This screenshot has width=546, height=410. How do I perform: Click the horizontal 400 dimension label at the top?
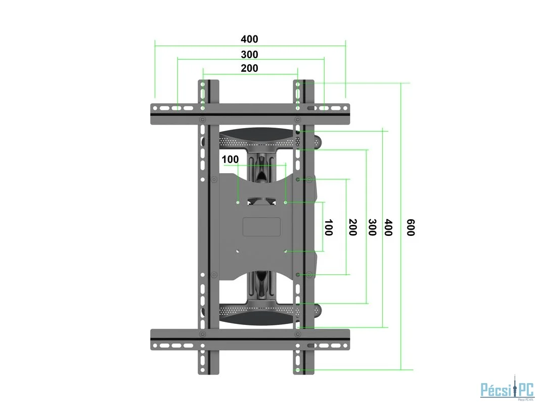click(249, 39)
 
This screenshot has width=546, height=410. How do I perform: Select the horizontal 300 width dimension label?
click(249, 54)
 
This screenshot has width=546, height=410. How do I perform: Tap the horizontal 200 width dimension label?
click(249, 68)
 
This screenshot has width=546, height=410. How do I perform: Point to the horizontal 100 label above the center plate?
click(230, 159)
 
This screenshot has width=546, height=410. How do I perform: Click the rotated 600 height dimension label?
click(411, 227)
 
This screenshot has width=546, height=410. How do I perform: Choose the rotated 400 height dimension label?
click(388, 227)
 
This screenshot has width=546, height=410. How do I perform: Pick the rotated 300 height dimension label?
click(372, 227)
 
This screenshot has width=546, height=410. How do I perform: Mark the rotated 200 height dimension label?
click(352, 227)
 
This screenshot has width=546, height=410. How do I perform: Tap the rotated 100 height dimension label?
click(328, 227)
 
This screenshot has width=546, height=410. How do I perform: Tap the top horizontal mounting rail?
click(250, 114)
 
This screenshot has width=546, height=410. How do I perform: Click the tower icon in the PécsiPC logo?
click(514, 389)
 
